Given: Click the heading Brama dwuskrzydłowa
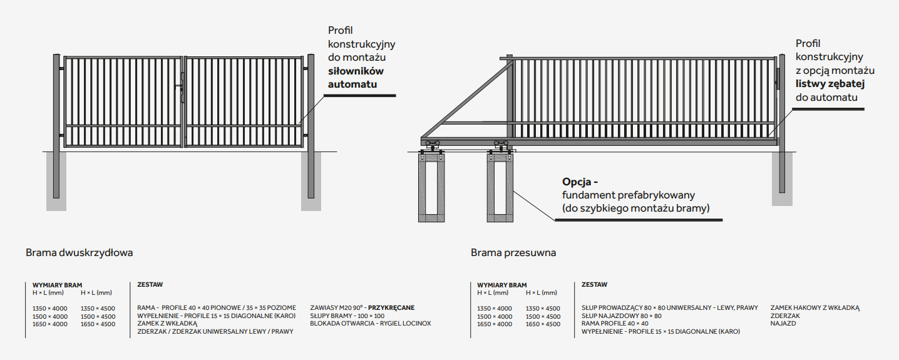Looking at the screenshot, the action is pyautogui.click(x=79, y=253).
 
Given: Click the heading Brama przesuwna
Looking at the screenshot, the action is pyautogui.click(x=513, y=253).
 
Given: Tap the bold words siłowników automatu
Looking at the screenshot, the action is pyautogui.click(x=356, y=78).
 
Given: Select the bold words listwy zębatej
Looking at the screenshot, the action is pyautogui.click(x=830, y=84).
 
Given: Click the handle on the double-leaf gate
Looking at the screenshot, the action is pyautogui.click(x=182, y=86).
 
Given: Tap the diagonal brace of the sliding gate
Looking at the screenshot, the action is pyautogui.click(x=466, y=100).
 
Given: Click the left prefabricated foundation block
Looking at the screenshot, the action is pyautogui.click(x=431, y=187).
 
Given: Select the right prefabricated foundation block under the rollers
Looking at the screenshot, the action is pyautogui.click(x=500, y=187).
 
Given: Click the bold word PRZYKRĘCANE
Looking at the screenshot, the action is pyautogui.click(x=391, y=308).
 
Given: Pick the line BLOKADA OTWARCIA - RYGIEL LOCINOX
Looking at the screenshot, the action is pyautogui.click(x=371, y=324).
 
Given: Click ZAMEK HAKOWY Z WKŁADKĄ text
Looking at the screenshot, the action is pyautogui.click(x=815, y=308).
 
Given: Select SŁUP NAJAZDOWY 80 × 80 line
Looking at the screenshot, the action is pyautogui.click(x=622, y=316).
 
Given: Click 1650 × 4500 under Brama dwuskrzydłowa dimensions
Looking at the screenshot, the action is pyautogui.click(x=98, y=324).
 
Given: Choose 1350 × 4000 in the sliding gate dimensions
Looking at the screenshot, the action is pyautogui.click(x=495, y=309).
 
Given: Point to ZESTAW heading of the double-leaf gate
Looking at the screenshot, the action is pyautogui.click(x=150, y=284).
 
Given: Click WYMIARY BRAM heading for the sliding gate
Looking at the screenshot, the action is pyautogui.click(x=502, y=285).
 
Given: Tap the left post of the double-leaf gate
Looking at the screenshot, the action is pyautogui.click(x=56, y=126).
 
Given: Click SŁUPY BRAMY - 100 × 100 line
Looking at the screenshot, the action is pyautogui.click(x=347, y=316).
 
